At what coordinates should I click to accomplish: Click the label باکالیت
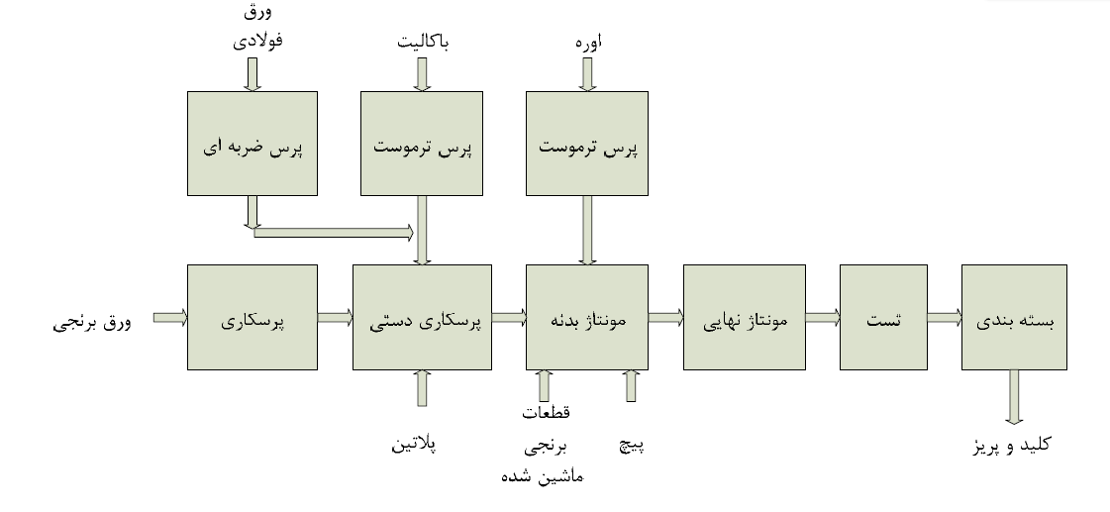[423, 44]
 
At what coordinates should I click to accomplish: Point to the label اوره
[588, 44]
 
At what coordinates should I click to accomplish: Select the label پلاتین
[414, 444]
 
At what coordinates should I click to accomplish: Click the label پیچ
[632, 445]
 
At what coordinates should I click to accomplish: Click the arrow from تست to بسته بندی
[944, 317]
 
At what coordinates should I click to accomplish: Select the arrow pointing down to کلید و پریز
[1014, 396]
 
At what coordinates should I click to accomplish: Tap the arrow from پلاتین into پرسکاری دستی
[423, 387]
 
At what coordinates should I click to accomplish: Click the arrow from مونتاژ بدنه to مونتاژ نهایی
[665, 317]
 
